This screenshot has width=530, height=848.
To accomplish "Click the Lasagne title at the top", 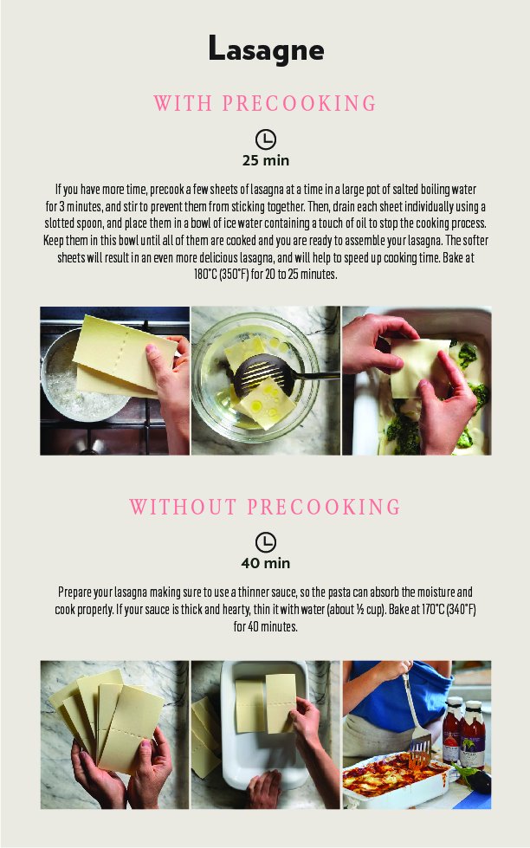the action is point(266,49).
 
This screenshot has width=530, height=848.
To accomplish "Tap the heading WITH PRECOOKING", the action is point(264,103).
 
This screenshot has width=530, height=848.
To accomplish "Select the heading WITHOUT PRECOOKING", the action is point(265,507).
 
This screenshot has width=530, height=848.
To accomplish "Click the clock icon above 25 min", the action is point(266,139).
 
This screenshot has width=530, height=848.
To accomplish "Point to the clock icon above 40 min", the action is point(266,542).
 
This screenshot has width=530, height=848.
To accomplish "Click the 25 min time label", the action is point(266,160).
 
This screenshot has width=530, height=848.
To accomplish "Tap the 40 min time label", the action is point(266,564).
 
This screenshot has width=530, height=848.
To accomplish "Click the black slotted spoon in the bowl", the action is point(265,373).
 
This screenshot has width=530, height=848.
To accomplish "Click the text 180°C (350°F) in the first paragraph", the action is point(222,275).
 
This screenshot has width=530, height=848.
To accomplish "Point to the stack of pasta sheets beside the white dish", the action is point(205,735).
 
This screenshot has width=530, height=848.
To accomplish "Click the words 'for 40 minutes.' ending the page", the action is point(266,627).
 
